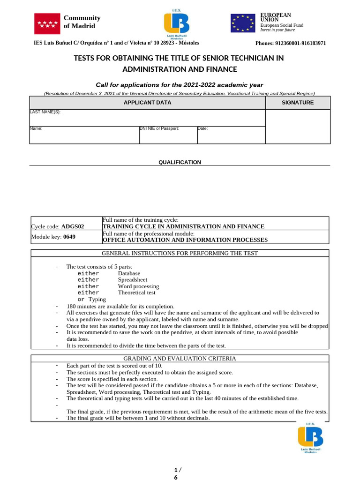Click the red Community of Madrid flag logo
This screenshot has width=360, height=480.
coord(47,23)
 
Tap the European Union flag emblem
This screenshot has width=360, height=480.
coord(242,23)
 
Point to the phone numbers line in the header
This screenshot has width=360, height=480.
coord(290,43)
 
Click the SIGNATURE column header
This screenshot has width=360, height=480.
coord(298,102)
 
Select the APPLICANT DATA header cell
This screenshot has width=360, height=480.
coord(147,102)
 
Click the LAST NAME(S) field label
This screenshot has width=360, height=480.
coord(45,112)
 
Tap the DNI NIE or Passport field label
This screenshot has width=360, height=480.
coord(159,128)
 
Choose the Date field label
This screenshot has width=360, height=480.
coord(202,128)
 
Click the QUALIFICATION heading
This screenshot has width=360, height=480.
coord(180,162)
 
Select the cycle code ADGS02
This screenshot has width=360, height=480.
coord(73,226)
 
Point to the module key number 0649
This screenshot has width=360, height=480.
coord(69,237)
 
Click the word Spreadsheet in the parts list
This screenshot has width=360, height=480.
coord(132,280)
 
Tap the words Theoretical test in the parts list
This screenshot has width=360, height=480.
coord(136,292)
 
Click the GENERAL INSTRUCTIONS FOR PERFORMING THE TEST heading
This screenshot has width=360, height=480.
coord(180,253)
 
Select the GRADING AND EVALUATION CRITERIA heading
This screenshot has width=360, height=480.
coord(180,359)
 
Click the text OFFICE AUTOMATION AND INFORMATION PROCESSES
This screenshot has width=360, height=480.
coord(185,240)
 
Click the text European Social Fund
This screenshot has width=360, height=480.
coord(282,25)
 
